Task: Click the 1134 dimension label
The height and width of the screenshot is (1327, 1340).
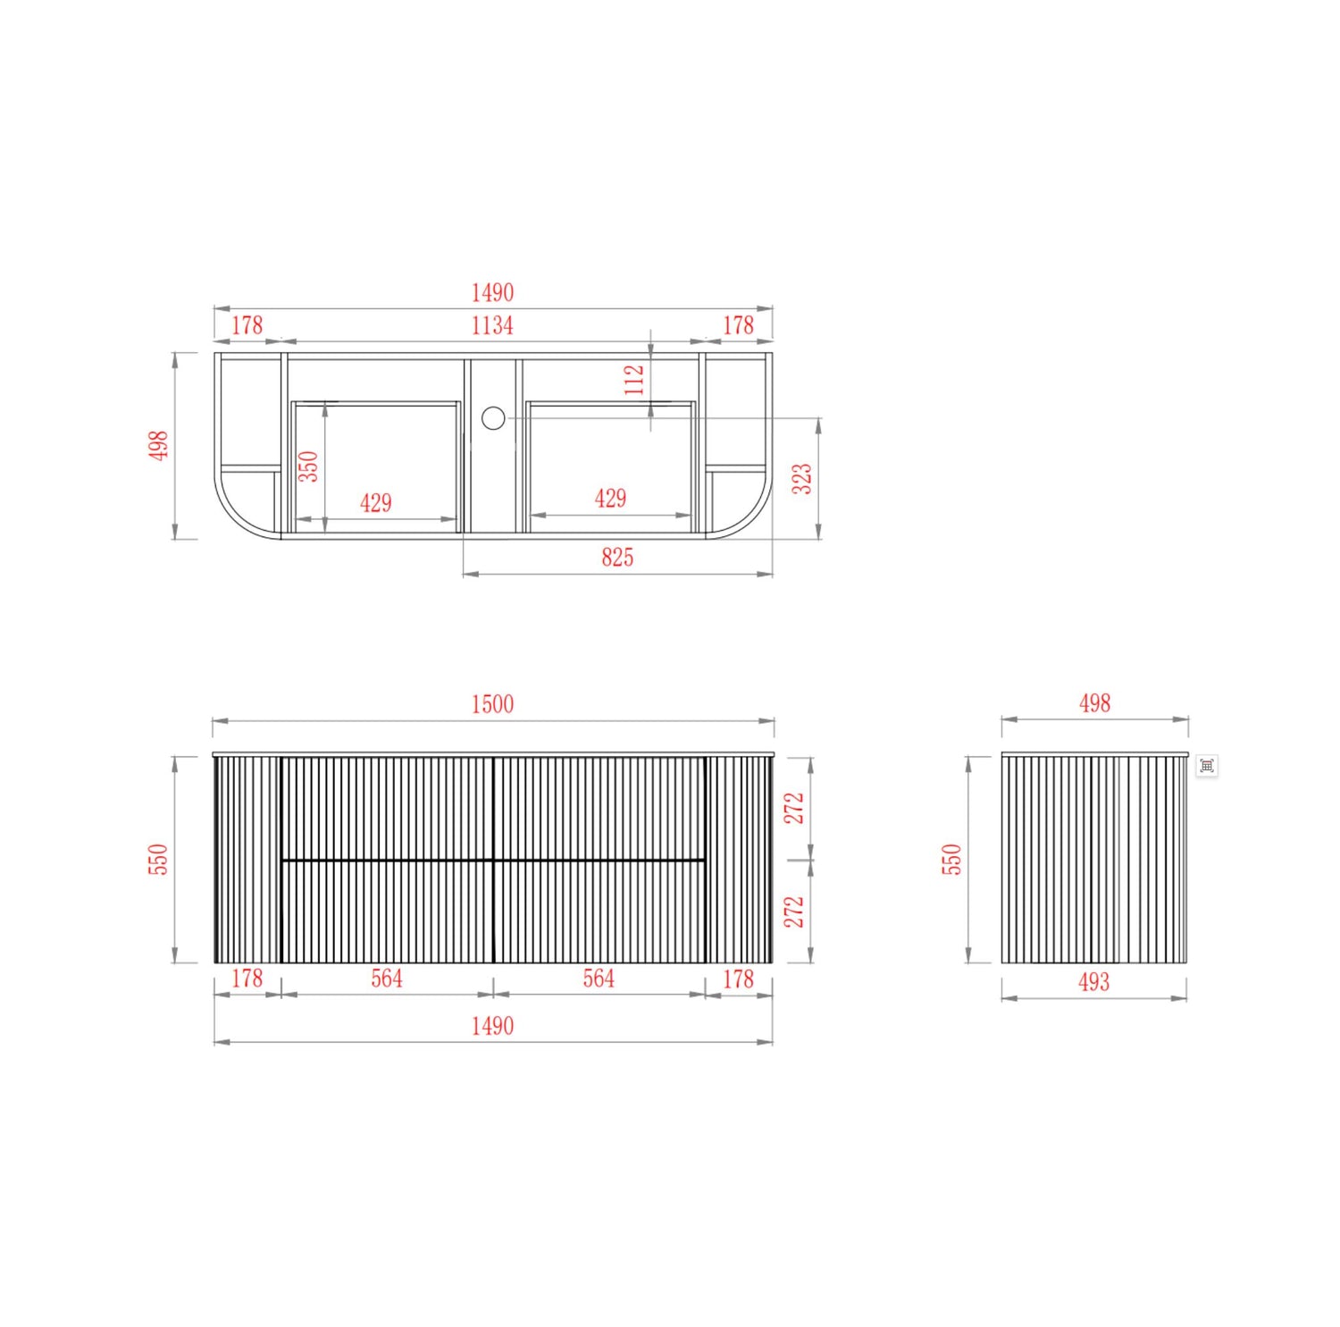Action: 492,325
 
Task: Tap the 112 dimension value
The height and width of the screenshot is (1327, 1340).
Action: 634,380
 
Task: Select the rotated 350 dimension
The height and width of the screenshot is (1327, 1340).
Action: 308,466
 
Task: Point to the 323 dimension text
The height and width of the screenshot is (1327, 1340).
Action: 802,478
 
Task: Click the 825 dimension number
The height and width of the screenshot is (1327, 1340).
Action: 617,558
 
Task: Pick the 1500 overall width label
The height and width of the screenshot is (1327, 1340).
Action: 492,704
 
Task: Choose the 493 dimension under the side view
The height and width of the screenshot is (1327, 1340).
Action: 1094,982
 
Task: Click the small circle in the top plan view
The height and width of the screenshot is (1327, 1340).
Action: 493,417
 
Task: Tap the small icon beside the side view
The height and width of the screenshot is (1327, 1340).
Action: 1207,766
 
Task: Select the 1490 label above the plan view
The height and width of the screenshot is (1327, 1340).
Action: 492,292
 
